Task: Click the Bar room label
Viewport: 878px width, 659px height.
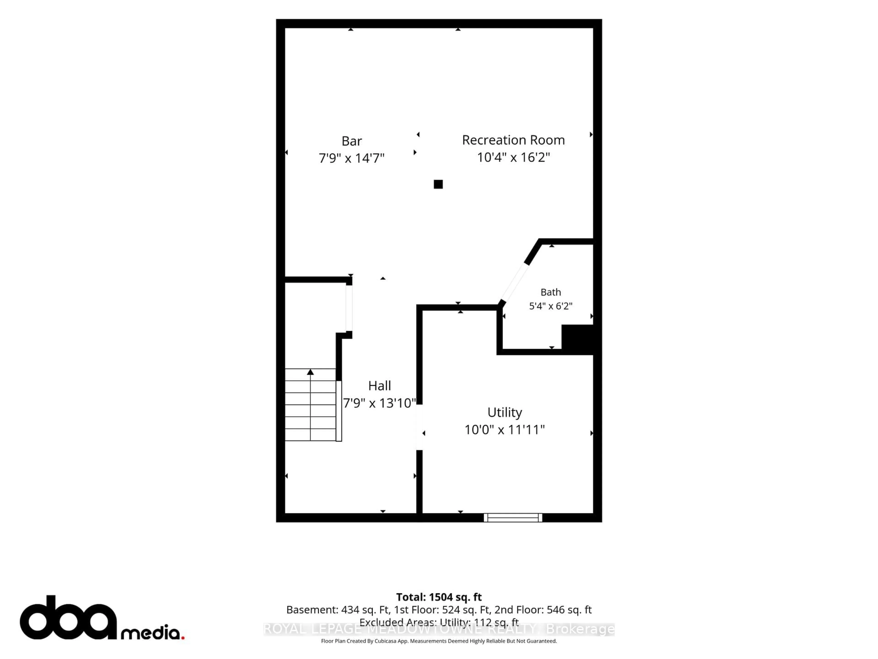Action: [352, 141]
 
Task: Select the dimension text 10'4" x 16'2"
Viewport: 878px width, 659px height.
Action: [513, 157]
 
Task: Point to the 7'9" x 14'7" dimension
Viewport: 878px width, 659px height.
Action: [352, 158]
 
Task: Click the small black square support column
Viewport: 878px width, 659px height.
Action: [438, 184]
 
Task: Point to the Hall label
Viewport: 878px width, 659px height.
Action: [380, 386]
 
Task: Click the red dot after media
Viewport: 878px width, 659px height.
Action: [183, 637]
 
